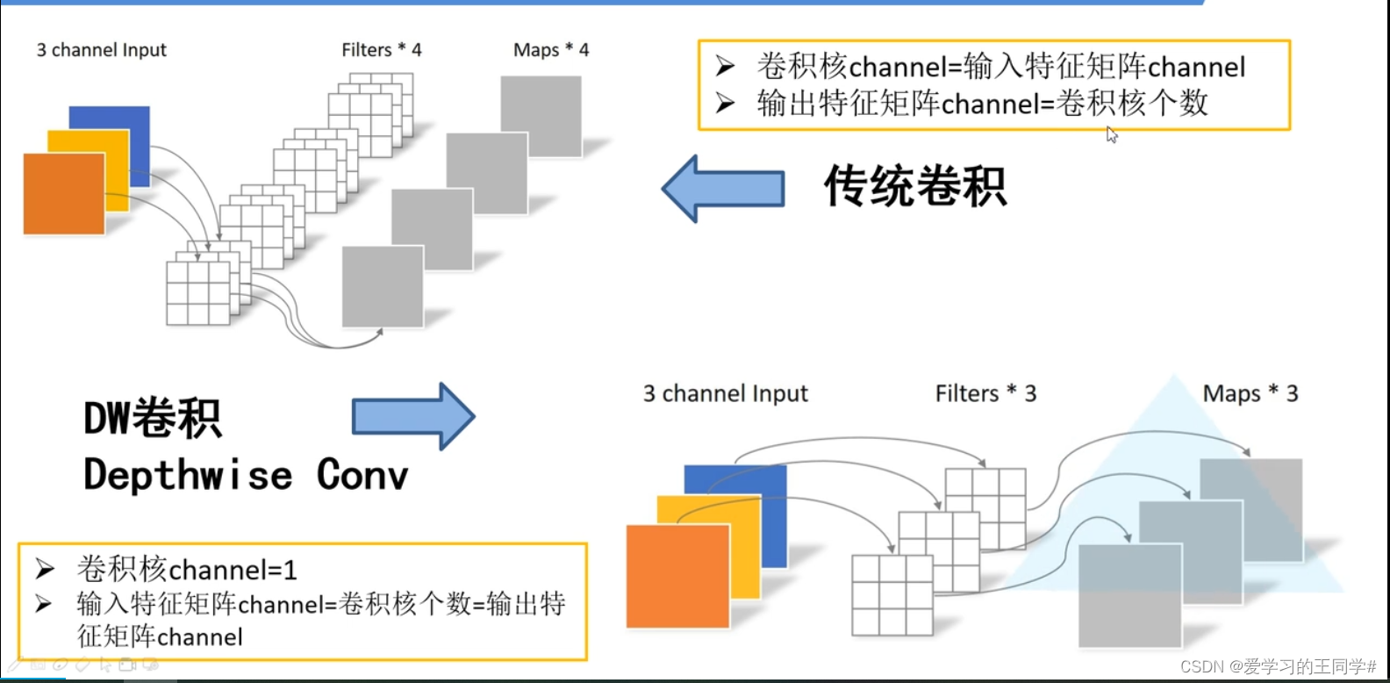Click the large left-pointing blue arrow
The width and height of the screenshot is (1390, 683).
coord(723,188)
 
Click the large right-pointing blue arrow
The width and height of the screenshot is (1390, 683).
coord(413,417)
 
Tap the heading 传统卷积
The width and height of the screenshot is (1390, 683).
coord(914,186)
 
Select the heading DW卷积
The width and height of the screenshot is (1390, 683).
coord(152,418)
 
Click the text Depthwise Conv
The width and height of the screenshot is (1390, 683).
coord(246,475)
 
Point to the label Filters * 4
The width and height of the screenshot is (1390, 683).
coord(381,50)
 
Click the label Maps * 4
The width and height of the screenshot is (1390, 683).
coord(551,50)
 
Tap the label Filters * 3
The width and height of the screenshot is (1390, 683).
coord(985,393)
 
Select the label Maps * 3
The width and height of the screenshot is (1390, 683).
coord(1250,393)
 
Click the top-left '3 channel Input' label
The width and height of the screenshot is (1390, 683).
coord(101,50)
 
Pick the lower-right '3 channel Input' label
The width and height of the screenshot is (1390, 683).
coord(725,393)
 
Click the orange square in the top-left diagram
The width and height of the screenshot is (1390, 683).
coord(63,194)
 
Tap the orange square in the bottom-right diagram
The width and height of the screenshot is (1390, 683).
coord(677,576)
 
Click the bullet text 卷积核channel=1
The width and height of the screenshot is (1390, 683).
coord(187,570)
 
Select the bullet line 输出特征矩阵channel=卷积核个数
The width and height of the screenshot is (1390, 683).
coord(983,104)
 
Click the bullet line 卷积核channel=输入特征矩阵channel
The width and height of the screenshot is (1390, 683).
coord(1000,67)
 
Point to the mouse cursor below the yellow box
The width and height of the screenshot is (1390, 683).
coord(1112,134)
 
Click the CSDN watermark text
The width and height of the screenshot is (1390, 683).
coord(1278,666)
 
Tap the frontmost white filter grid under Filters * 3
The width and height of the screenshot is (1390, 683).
coord(892,595)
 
